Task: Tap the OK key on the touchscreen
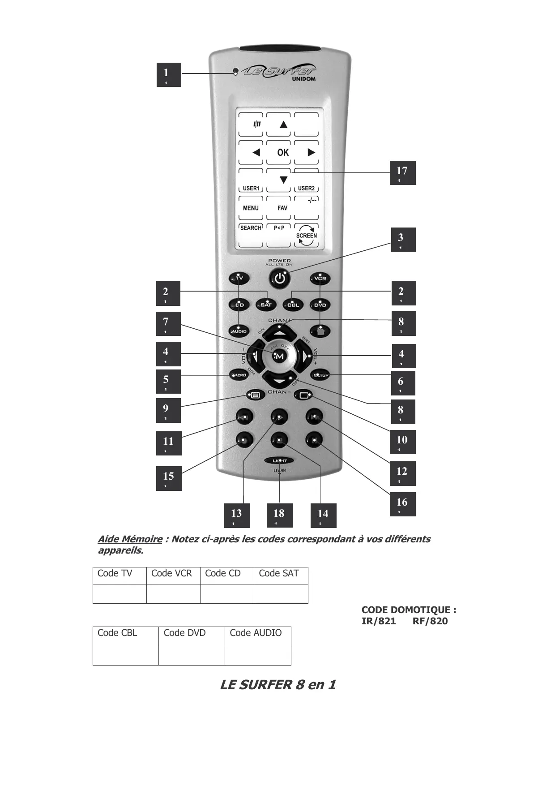pos(283,152)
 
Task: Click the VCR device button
pos(320,279)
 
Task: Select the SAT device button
pos(266,305)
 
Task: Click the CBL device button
pos(293,305)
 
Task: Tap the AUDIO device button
pos(239,331)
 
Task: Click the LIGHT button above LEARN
pos(279,461)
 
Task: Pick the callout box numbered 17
pos(402,173)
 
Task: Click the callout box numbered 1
pos(168,75)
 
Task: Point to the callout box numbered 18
pos(279,515)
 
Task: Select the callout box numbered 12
pos(402,473)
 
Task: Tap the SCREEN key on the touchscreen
pos(306,236)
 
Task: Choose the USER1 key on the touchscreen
pos(251,188)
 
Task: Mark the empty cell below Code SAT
pos(281,593)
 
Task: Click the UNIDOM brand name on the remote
pos(303,79)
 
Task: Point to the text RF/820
pos(430,621)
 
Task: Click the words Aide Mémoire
pos(130,539)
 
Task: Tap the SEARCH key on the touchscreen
pos(251,228)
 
